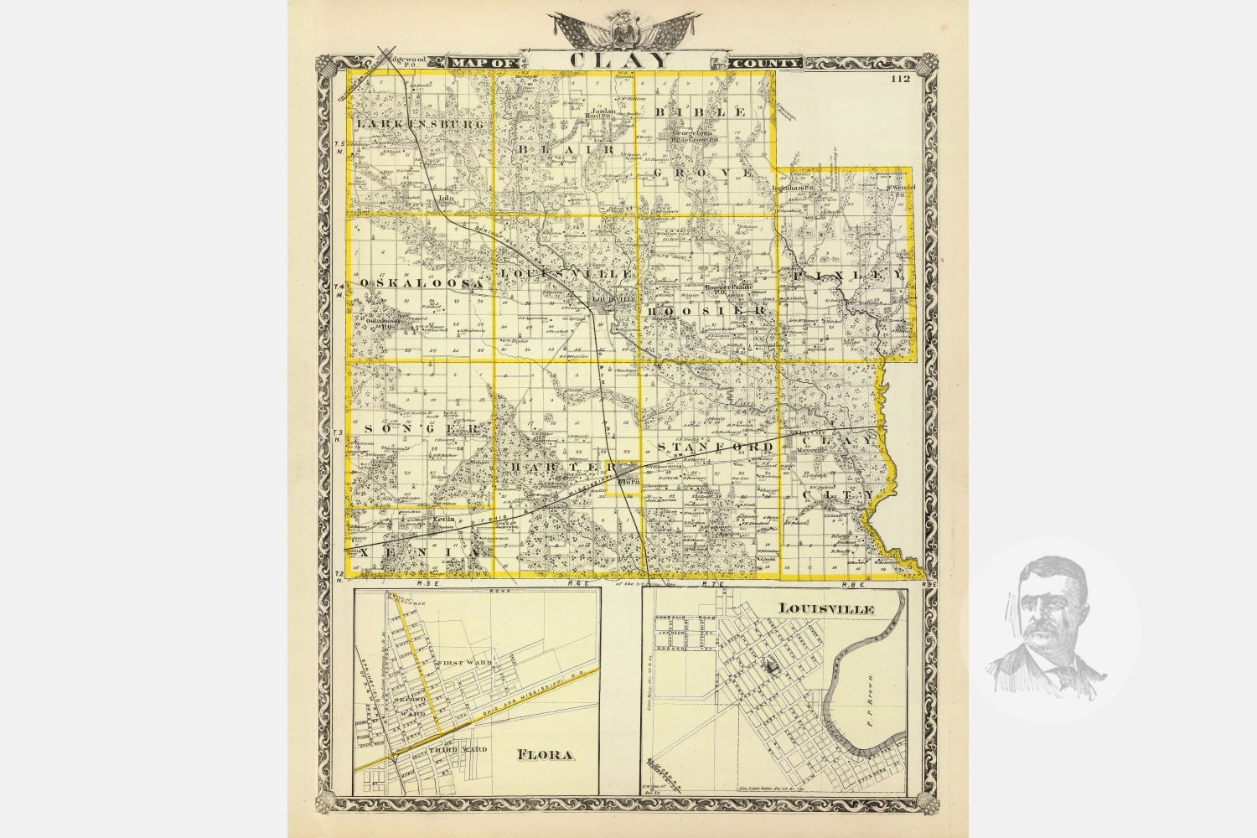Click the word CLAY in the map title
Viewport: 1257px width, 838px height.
tap(621, 60)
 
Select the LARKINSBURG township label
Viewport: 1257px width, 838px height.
tap(421, 124)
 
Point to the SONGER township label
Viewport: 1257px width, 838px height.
tap(422, 428)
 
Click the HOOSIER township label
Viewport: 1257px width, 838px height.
tap(706, 311)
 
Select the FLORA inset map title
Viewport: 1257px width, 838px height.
tap(545, 755)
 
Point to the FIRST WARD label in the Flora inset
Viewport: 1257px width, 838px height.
tap(463, 662)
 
